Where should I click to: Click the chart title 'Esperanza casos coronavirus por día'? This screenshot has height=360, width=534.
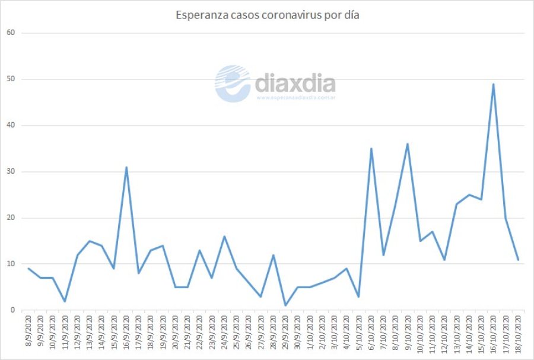(267, 15)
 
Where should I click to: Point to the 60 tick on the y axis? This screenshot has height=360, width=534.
(11, 33)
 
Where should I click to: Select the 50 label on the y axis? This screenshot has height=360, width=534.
(11, 79)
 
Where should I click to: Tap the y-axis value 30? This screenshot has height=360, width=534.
(11, 172)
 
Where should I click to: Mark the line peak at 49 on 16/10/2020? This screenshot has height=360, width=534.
(493, 84)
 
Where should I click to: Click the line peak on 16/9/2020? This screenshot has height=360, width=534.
(126, 167)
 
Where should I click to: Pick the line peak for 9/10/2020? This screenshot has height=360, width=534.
(408, 144)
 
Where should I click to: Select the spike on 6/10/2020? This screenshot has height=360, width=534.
(371, 149)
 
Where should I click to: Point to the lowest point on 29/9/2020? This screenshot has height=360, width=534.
(285, 305)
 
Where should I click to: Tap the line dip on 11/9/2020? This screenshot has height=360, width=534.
(65, 301)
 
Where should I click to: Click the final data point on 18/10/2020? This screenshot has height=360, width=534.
(518, 260)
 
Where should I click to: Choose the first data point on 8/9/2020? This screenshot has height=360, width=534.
(28, 269)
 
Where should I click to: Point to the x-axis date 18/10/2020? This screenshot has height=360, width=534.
(518, 333)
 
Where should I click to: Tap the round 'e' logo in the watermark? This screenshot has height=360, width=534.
(233, 84)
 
